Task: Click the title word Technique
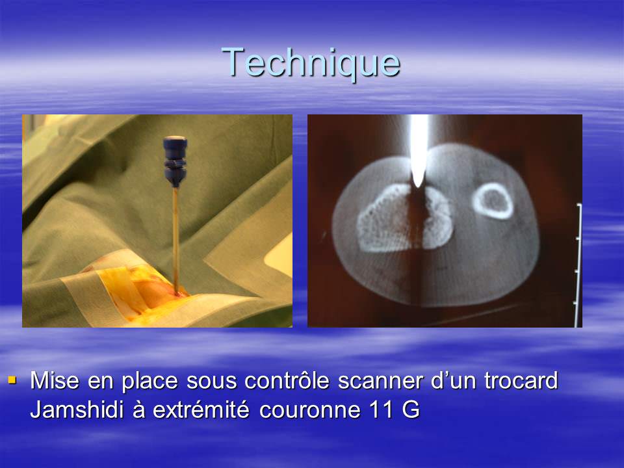tap(311, 62)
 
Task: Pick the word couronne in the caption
tap(305, 410)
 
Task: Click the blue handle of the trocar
tap(175, 160)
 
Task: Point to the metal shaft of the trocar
tap(175, 234)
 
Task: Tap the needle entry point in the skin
tap(176, 294)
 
